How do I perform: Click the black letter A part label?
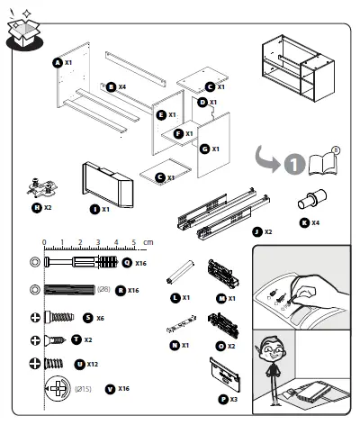pyautogui.click(x=57, y=63)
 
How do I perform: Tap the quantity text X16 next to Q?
pyautogui.click(x=139, y=264)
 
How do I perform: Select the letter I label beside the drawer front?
pyautogui.click(x=94, y=209)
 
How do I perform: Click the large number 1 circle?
pyautogui.click(x=292, y=166)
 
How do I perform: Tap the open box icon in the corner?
pyautogui.click(x=23, y=32)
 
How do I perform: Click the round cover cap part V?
pyautogui.click(x=59, y=389)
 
